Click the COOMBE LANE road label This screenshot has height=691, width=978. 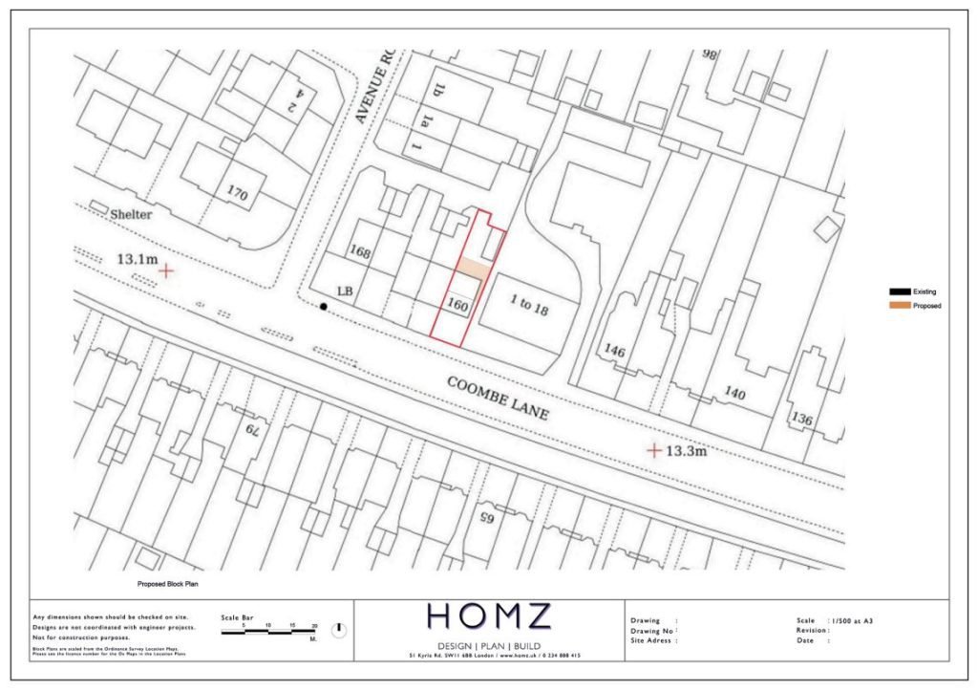(x=498, y=398)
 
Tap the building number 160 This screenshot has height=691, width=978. (x=457, y=308)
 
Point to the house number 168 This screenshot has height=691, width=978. (x=359, y=253)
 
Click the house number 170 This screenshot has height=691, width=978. (x=237, y=194)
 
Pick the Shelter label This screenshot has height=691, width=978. (x=130, y=215)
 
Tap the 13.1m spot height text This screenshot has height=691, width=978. (x=137, y=259)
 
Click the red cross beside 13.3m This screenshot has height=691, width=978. (x=654, y=449)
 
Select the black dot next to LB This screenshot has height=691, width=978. (x=324, y=307)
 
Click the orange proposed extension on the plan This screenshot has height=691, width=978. (x=472, y=269)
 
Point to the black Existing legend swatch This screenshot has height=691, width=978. (x=900, y=292)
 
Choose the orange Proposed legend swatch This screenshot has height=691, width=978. (x=900, y=306)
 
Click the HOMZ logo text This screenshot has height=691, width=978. (x=488, y=616)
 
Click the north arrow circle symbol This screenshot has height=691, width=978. (x=339, y=630)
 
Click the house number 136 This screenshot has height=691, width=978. (x=801, y=420)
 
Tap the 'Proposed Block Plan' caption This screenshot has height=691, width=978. (x=167, y=583)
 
